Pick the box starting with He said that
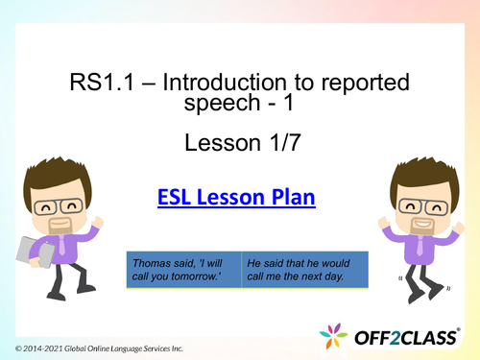pyautogui.click(x=304, y=269)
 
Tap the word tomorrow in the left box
pyautogui.click(x=204, y=276)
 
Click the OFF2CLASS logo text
pyautogui.click(x=415, y=337)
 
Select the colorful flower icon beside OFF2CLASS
pyautogui.click(x=334, y=337)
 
